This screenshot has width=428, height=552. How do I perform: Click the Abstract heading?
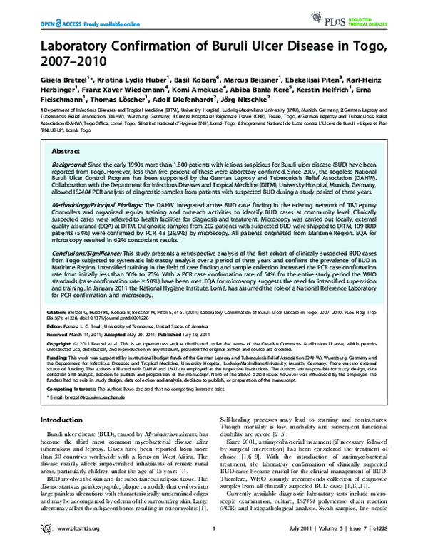point(65,152)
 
